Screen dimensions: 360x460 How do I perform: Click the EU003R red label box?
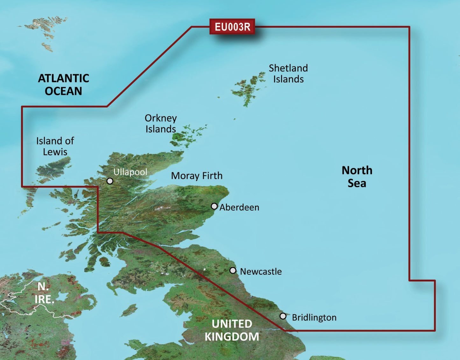click(x=232, y=27)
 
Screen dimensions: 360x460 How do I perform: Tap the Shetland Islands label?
click(x=288, y=73)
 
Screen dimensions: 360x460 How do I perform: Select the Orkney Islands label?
click(x=160, y=123)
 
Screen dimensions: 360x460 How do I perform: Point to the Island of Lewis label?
click(x=55, y=146)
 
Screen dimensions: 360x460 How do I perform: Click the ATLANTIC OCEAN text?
click(x=63, y=85)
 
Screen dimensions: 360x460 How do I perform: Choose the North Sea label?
click(x=357, y=177)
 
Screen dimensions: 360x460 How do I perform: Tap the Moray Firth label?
click(x=197, y=176)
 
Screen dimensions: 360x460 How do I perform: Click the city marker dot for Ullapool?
click(x=110, y=181)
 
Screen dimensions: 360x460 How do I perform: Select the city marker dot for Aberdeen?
click(x=214, y=206)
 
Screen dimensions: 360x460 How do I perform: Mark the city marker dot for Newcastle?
click(x=233, y=271)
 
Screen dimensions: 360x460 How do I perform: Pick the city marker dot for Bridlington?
click(x=283, y=316)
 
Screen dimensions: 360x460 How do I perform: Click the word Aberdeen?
click(x=239, y=207)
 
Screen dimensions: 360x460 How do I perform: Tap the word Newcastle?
click(x=261, y=272)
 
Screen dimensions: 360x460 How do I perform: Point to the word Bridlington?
click(x=314, y=317)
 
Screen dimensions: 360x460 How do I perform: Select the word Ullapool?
click(x=130, y=172)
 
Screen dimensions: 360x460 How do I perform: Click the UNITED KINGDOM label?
click(x=232, y=330)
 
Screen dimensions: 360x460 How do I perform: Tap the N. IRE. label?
click(x=44, y=293)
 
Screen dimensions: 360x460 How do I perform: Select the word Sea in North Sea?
click(x=357, y=183)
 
